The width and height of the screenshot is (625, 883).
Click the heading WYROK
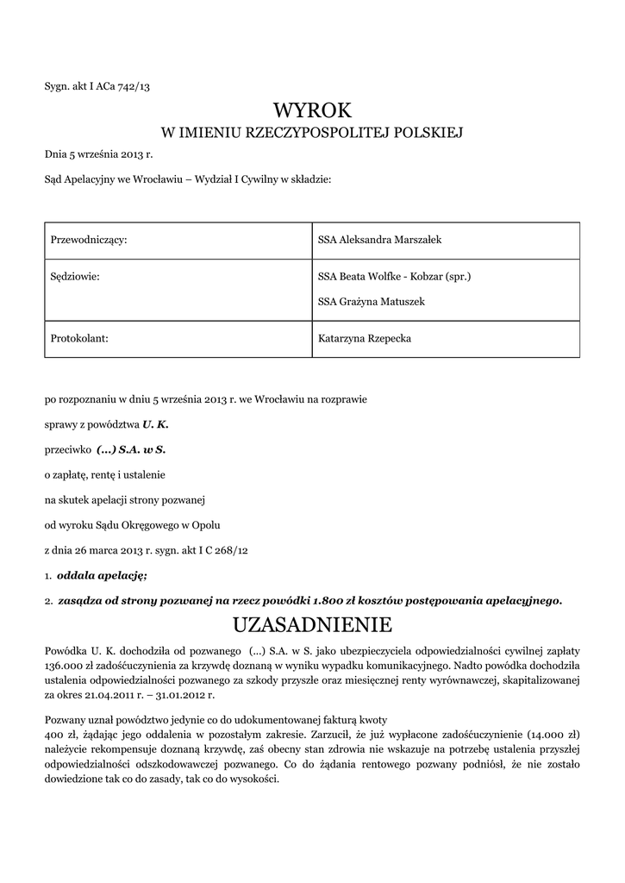[x=313, y=110]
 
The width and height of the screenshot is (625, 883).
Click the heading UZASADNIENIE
[x=313, y=623]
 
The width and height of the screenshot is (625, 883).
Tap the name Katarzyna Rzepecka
[x=365, y=339]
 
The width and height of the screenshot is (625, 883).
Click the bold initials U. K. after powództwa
[x=153, y=424]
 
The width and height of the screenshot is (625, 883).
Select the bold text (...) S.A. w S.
[x=130, y=449]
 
